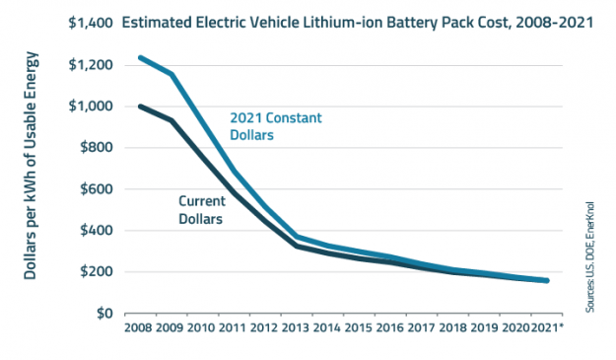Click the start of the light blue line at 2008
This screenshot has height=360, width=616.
[x=140, y=57]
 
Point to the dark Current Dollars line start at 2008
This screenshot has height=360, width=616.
[x=140, y=107]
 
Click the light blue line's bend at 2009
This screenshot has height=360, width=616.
[x=172, y=74]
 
